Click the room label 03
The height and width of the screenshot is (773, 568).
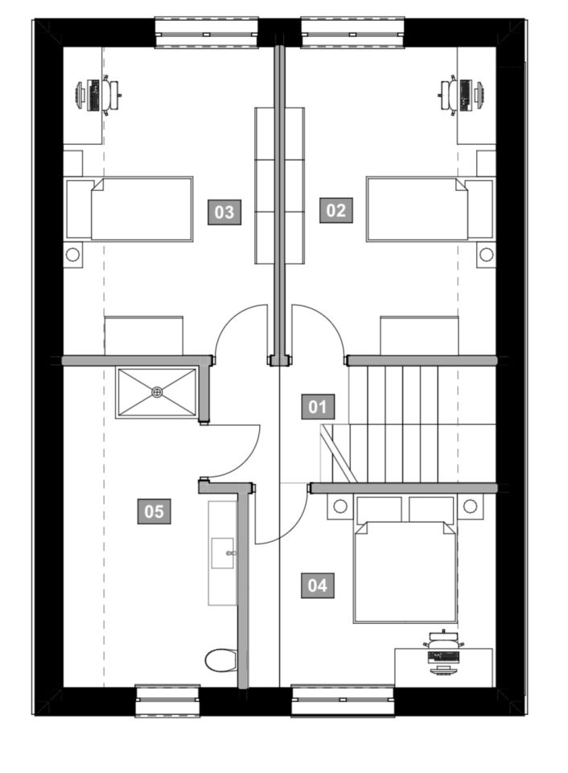[x=224, y=212]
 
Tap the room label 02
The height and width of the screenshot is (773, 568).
[x=336, y=210]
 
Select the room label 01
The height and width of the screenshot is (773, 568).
[x=318, y=407]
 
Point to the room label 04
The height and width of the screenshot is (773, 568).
[x=317, y=585]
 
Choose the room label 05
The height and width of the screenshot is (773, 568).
[x=154, y=511]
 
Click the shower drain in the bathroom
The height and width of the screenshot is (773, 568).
[x=157, y=392]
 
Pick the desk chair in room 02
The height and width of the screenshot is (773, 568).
[x=449, y=94]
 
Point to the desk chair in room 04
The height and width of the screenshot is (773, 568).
[x=443, y=641]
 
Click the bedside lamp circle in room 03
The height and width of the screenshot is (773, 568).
[x=73, y=254]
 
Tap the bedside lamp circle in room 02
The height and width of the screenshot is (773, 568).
[x=486, y=254]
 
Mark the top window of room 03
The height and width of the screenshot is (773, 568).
[x=207, y=33]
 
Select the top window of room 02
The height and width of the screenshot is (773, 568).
[x=352, y=33]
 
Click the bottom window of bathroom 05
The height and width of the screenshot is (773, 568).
[x=168, y=700]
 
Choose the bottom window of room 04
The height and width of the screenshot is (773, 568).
[x=343, y=700]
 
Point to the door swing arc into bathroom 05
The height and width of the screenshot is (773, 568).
[x=249, y=456]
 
